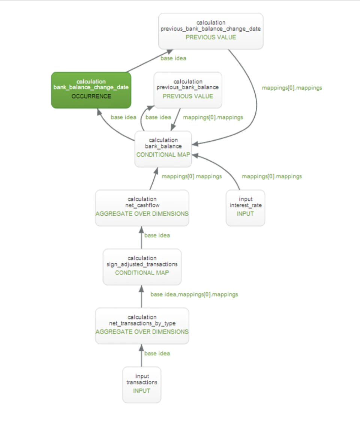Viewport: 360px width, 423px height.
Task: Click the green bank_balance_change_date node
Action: point(91,90)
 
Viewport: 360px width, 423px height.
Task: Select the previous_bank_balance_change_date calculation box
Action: point(211,31)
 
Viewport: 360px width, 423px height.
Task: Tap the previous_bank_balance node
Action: point(188,90)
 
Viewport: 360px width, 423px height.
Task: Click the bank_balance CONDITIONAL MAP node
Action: point(163,149)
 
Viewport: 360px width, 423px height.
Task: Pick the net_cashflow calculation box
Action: point(142,208)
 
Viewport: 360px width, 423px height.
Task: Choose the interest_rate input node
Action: point(245,208)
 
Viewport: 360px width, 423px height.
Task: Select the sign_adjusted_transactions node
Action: point(142,267)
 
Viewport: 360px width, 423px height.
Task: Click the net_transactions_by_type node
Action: point(142,326)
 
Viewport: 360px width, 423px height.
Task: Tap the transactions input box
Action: point(142,385)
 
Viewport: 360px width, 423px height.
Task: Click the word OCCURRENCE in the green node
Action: point(91,96)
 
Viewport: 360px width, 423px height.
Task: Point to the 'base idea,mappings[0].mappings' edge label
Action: point(194,294)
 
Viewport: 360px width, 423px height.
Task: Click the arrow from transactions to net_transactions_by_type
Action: point(141,355)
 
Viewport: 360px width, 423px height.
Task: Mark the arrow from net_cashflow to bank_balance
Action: point(154,178)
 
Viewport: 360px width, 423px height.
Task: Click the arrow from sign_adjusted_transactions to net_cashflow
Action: point(141,237)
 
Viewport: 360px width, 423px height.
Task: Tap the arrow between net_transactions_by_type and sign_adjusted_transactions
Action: point(141,297)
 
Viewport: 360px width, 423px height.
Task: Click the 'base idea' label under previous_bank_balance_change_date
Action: point(173,58)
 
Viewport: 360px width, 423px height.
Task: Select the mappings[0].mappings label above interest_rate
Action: point(272,176)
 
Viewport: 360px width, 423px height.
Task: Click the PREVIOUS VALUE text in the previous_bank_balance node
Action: point(188,96)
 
